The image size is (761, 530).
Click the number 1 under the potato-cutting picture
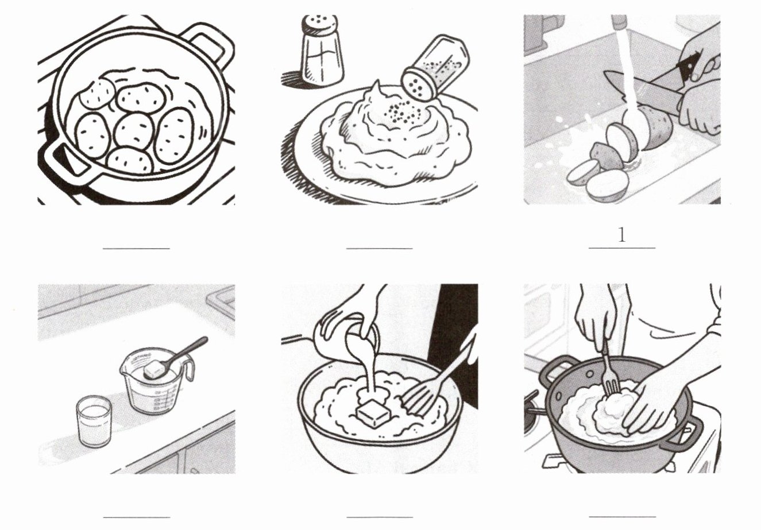(x=621, y=235)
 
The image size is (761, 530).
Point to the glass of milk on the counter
(x=94, y=421)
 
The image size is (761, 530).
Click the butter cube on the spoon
(x=154, y=368)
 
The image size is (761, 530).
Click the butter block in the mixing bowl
(x=373, y=413)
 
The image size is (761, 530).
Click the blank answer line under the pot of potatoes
(x=136, y=249)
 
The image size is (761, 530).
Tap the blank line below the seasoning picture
(x=380, y=249)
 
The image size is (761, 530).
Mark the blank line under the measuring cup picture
(x=136, y=517)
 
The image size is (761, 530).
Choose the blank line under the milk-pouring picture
(x=380, y=517)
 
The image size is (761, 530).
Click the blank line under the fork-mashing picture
(x=622, y=517)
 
